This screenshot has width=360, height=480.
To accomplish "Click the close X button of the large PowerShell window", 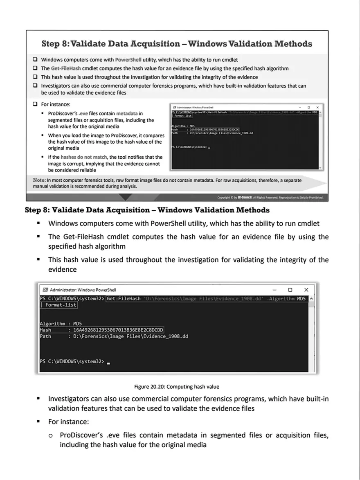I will (x=306, y=290).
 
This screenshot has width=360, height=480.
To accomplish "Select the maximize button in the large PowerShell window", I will (x=290, y=290).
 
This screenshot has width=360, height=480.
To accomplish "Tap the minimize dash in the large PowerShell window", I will (x=274, y=290).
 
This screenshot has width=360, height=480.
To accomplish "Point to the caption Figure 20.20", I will (x=177, y=386).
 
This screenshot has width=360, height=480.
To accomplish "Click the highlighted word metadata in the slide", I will (x=127, y=113).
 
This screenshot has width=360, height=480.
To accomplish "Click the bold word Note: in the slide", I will (x=39, y=180).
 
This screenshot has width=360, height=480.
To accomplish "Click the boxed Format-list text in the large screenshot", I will (x=61, y=305).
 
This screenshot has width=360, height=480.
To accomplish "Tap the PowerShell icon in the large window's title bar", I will (x=45, y=290).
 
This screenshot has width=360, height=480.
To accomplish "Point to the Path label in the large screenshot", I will (x=45, y=336).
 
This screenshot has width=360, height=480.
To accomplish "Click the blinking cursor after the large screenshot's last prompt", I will (x=108, y=363).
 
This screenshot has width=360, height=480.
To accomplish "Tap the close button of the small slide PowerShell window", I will (x=317, y=107).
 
